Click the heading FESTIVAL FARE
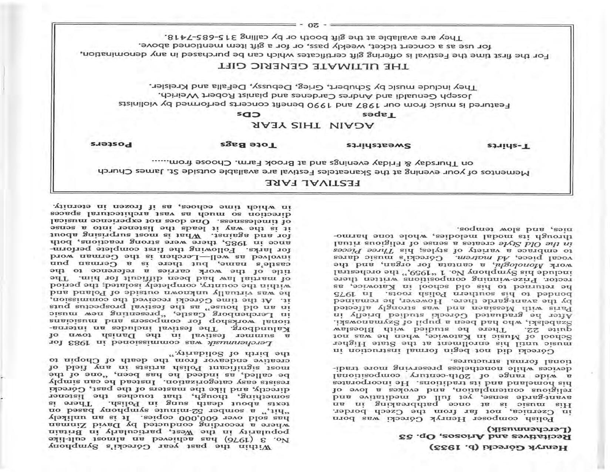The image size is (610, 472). coord(313,183)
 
